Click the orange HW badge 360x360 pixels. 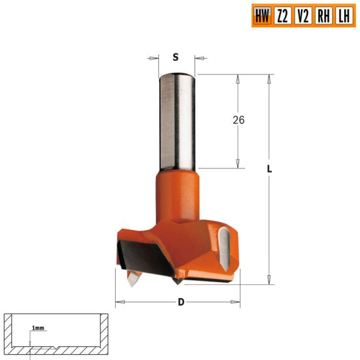pos(261,15)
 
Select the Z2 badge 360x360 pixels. pos(282,15)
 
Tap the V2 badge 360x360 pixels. pos(303,15)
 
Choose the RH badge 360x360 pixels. pos(323,15)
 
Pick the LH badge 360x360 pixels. pos(343,15)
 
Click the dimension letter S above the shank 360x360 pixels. pos(175,57)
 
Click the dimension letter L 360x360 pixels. pos(270,169)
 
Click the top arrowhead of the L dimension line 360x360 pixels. pos(269,78)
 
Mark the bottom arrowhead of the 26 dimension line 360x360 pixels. pos(238,165)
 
